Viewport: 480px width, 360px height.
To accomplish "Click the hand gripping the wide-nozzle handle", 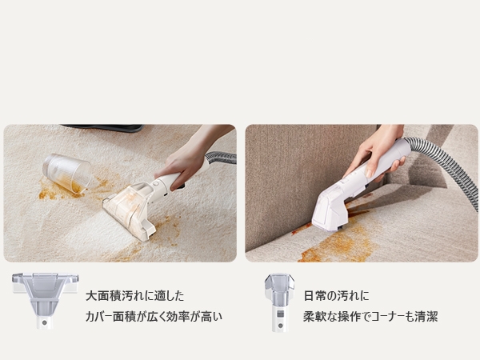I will click(x=186, y=160).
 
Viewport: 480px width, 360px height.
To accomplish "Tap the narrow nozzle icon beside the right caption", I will click(x=278, y=301).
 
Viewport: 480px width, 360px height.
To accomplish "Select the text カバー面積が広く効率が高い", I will click(x=154, y=317).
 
